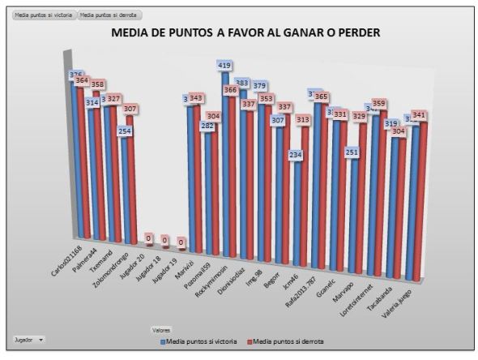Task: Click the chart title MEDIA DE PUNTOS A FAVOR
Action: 245,32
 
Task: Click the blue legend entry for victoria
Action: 198,342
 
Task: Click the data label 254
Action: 124,131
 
